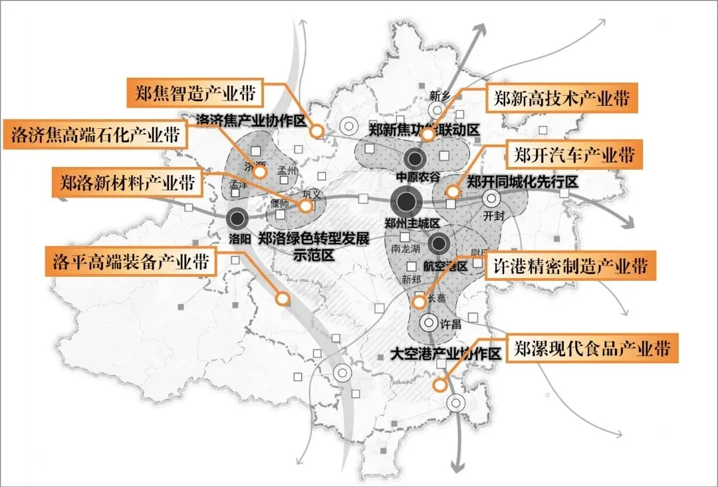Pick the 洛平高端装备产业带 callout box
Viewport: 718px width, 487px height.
(130, 261)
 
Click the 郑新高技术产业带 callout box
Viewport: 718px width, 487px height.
(561, 99)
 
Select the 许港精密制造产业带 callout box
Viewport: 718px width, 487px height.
(570, 266)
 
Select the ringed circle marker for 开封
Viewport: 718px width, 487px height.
(492, 198)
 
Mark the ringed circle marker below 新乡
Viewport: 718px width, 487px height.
(437, 110)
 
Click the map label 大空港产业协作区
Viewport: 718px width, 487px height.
(445, 353)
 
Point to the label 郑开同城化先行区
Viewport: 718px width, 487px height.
(521, 181)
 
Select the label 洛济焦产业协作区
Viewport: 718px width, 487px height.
(250, 120)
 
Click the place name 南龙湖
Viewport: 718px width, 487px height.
(405, 250)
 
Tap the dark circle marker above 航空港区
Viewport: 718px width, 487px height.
(439, 243)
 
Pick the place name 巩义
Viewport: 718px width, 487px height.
(312, 195)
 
